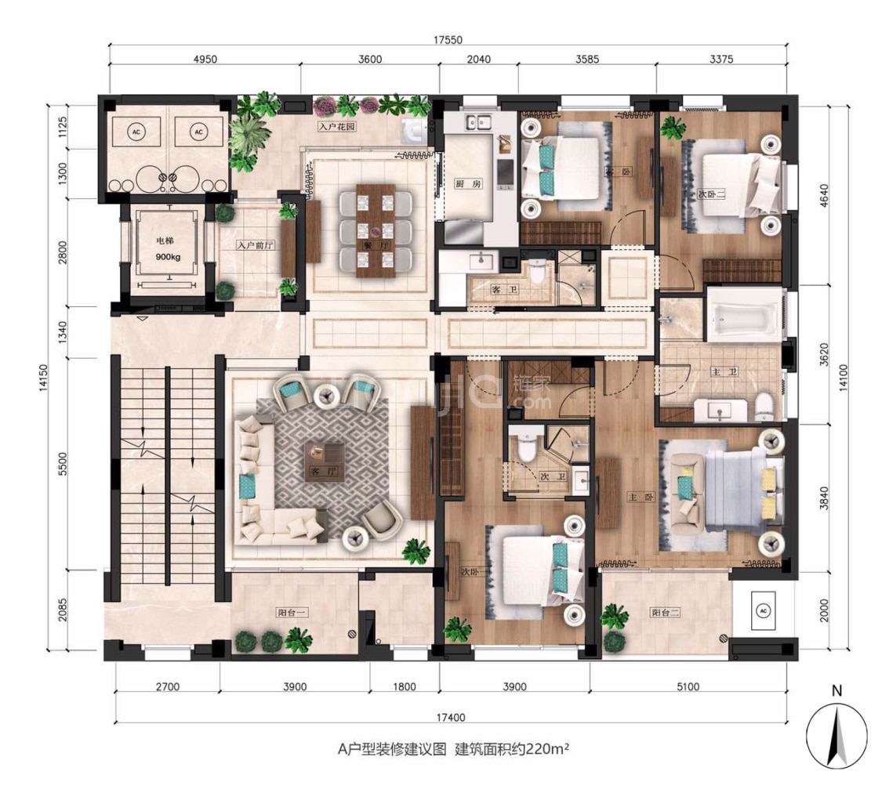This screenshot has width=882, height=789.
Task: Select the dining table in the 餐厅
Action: [376, 230]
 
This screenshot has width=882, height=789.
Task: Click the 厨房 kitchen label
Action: [463, 184]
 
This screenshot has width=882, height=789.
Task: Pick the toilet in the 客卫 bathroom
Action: [537, 273]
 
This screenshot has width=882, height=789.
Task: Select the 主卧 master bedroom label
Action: [636, 497]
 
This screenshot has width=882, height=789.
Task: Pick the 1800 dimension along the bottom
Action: [405, 687]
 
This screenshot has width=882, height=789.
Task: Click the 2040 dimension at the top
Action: [478, 60]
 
